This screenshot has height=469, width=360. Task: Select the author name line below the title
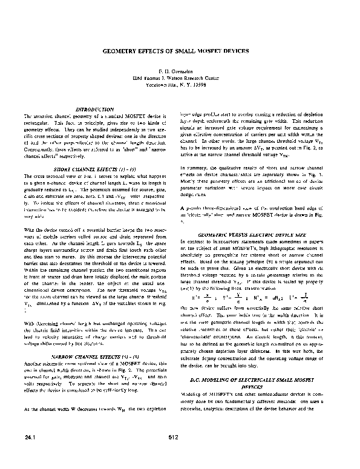click(179, 71)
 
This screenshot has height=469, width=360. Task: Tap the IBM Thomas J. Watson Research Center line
click(180, 78)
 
